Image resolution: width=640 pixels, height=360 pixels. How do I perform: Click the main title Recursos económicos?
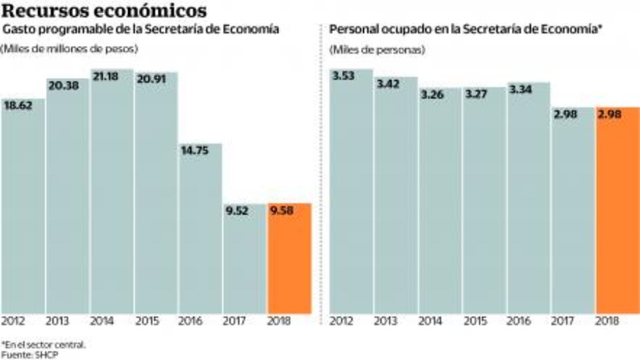click(105, 10)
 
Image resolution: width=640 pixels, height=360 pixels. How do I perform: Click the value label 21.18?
click(105, 77)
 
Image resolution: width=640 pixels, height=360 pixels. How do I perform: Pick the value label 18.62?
click(17, 106)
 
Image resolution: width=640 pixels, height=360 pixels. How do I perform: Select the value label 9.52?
click(237, 211)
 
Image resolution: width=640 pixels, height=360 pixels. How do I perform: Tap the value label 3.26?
click(433, 95)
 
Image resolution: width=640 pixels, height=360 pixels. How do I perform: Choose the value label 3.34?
click(521, 90)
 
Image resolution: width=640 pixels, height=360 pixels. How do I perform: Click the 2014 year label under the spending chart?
click(102, 321)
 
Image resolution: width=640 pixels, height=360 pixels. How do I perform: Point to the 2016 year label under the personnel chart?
click(519, 321)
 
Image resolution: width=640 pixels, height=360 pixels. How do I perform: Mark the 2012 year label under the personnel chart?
click(342, 321)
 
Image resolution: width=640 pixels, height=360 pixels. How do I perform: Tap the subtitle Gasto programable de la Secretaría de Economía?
click(142, 29)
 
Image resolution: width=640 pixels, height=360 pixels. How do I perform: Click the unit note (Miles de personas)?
click(377, 50)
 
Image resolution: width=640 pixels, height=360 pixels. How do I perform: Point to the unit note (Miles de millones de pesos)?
click(69, 49)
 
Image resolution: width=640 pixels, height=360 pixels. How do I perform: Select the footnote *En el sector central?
click(44, 344)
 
